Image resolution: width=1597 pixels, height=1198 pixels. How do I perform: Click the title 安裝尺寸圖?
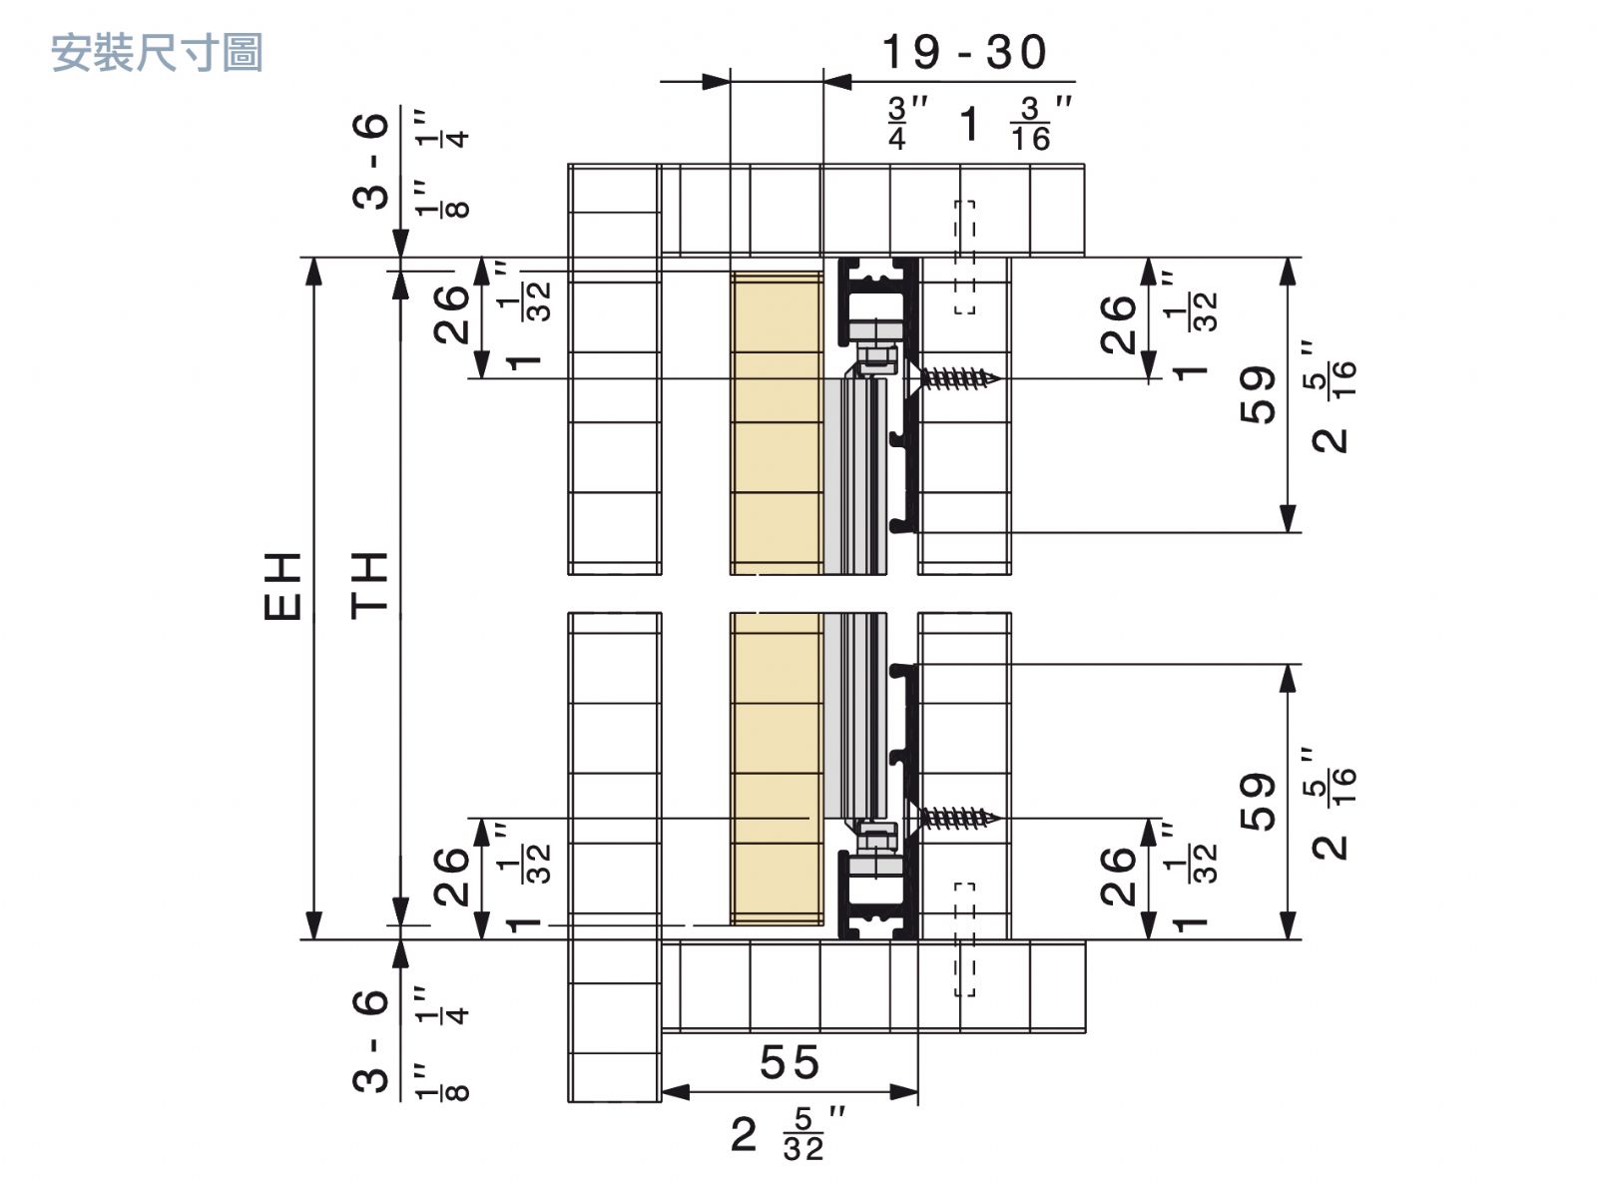(157, 53)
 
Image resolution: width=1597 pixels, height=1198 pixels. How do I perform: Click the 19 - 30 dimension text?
(963, 53)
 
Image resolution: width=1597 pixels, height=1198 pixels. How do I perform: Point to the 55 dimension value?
(790, 1062)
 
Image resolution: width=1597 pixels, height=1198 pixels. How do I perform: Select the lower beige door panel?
(776, 769)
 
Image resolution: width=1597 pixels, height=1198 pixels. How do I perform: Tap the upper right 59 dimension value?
(1260, 393)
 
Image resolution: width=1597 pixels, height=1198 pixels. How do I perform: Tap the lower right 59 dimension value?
(1260, 802)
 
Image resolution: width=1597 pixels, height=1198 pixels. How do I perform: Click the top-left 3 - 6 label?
(371, 160)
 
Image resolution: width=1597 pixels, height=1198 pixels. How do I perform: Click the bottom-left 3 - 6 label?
(371, 1040)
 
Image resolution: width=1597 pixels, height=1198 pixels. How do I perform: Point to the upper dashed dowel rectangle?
(964, 258)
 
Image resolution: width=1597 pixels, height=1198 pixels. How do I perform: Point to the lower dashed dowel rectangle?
(964, 938)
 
